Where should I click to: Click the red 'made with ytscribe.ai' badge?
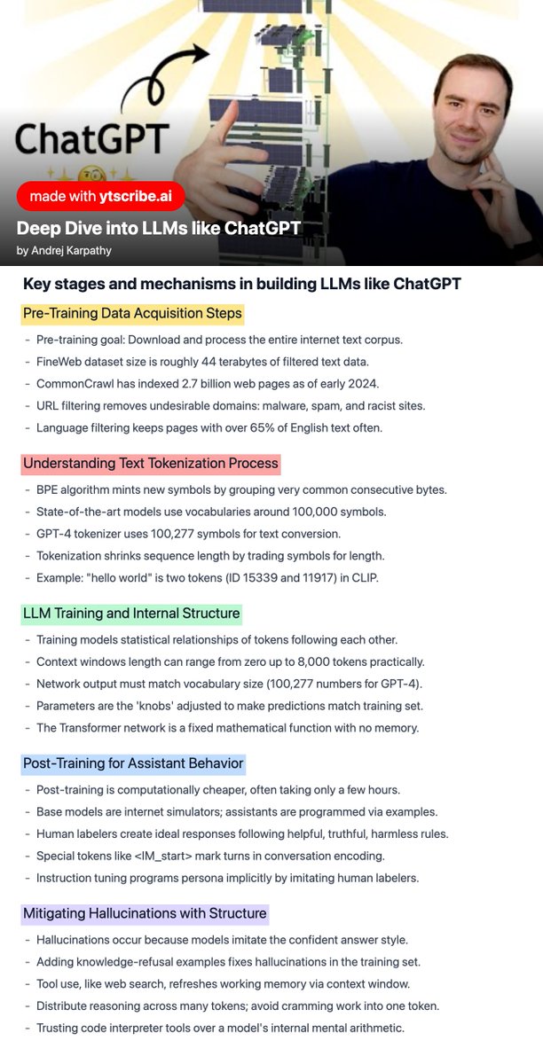[x=100, y=196]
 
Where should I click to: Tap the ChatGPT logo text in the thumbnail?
[x=92, y=139]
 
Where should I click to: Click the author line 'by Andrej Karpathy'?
[x=66, y=251]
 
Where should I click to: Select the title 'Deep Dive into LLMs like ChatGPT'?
[x=158, y=228]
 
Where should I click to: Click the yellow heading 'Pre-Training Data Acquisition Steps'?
[x=132, y=313]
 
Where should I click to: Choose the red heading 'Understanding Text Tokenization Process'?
[x=151, y=463]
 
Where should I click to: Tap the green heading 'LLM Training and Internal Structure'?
[x=131, y=613]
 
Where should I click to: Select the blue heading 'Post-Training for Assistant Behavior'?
[x=133, y=763]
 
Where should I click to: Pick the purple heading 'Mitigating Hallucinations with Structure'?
[x=145, y=912]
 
